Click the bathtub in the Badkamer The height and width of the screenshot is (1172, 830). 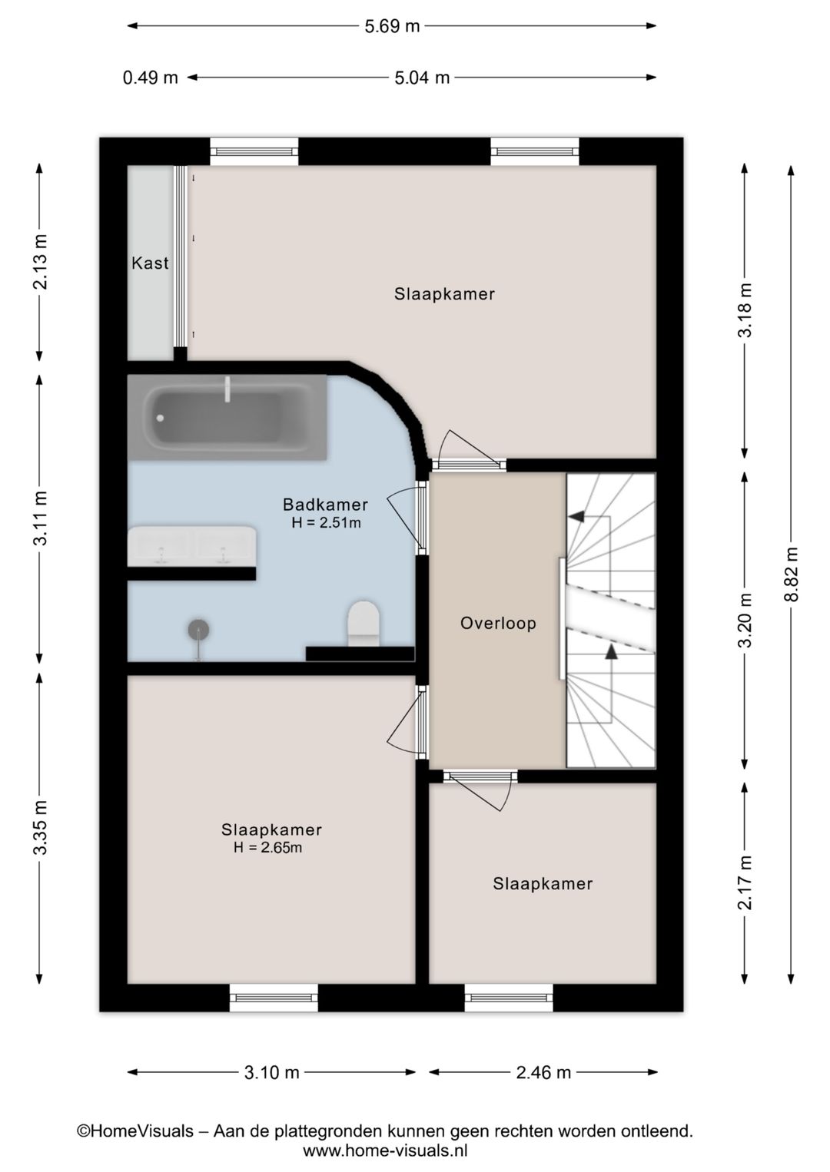coord(227,418)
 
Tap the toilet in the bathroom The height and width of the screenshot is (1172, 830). coord(364,623)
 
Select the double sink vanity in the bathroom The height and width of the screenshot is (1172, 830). coord(192,546)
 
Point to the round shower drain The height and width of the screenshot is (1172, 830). coord(198,630)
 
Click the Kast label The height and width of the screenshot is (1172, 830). coord(151,263)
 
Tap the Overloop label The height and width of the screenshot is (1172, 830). coord(498,623)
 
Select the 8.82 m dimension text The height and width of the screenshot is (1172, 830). coord(791,574)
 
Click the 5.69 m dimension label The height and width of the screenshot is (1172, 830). coord(392,26)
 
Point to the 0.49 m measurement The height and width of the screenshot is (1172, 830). coord(151,78)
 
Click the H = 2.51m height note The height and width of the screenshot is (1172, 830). coord(327,522)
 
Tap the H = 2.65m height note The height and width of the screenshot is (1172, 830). coord(267,847)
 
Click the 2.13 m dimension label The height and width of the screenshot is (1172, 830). coord(40,262)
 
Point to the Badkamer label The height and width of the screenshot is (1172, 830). coord(325,505)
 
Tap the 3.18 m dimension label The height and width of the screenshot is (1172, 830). coord(745,310)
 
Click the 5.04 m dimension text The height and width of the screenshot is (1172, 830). coord(422,78)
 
